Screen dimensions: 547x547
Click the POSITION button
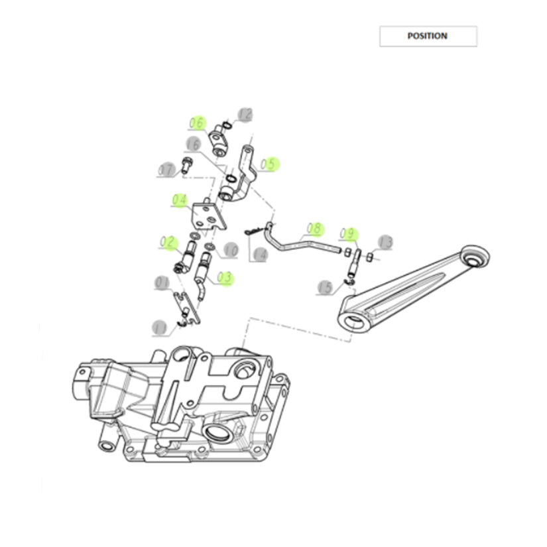[428, 36]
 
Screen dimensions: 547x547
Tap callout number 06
[198, 123]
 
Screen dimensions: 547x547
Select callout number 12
[245, 115]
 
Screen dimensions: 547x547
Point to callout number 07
[165, 170]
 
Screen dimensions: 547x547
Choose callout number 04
[180, 200]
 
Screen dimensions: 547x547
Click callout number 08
[314, 229]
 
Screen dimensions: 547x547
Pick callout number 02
[166, 243]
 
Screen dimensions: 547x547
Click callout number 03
[225, 277]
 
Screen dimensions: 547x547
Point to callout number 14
[259, 253]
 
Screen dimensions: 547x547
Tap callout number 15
[326, 288]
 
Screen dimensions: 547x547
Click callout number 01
[162, 284]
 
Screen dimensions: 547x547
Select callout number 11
[159, 327]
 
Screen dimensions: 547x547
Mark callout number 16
[193, 145]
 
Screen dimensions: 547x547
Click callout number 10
[230, 251]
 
